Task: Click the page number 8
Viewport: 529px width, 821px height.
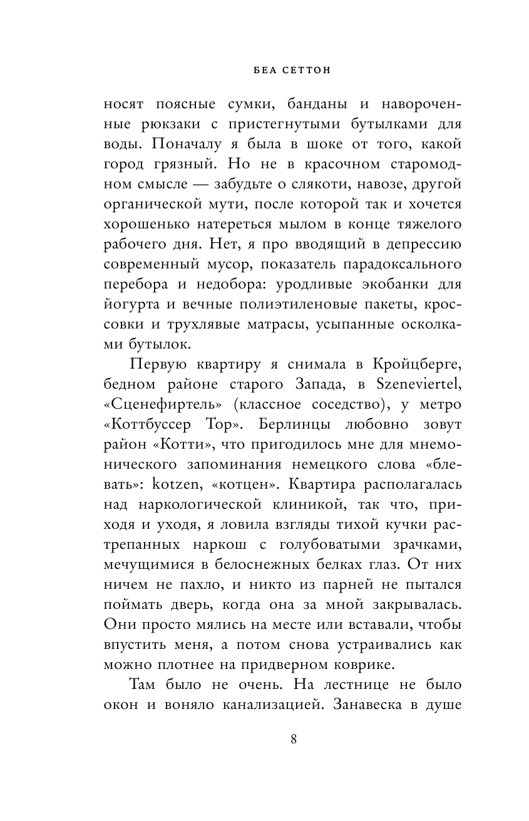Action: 294,738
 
